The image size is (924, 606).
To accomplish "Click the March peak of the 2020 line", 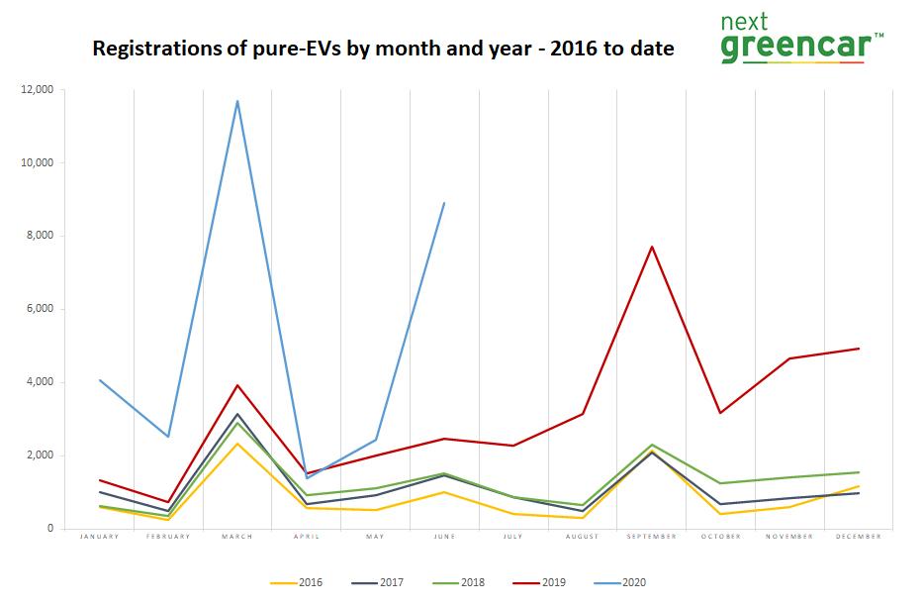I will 237,101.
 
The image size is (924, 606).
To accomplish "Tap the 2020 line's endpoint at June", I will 445,203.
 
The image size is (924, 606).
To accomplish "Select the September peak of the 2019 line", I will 652,247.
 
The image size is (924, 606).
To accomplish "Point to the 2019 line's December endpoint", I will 859,349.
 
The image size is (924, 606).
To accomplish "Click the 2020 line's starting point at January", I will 100,380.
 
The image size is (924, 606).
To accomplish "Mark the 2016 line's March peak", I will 237,444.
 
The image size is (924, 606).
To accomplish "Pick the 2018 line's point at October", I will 721,483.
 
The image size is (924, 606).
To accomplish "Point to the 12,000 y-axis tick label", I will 40,90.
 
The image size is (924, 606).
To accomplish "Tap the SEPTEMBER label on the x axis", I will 652,537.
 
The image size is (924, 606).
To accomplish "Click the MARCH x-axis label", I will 237,537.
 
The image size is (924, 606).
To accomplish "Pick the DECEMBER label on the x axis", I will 859,537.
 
